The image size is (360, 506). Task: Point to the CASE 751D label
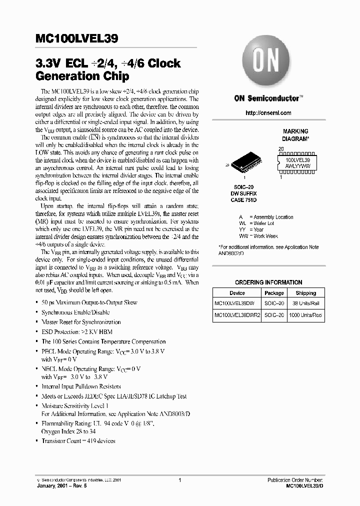tap(244, 200)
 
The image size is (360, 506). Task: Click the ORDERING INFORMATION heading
tap(268, 282)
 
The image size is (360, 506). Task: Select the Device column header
tap(237, 293)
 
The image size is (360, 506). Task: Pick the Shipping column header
tap(305, 293)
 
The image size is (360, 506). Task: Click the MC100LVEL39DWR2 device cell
tap(237, 315)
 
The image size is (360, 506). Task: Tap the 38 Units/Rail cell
tap(305, 303)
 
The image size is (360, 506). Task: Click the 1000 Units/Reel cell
tap(305, 315)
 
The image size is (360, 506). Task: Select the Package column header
tap(274, 293)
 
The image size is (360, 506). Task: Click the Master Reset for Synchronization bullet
tap(81, 322)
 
